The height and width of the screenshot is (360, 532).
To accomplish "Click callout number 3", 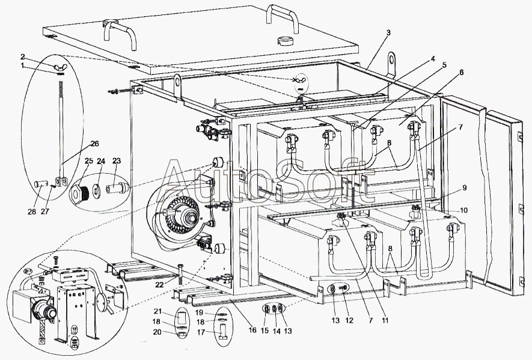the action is pyautogui.click(x=388, y=32).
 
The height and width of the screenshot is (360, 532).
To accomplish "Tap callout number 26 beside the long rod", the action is pyautogui.click(x=94, y=144).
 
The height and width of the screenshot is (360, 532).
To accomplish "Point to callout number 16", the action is pyautogui.click(x=252, y=329).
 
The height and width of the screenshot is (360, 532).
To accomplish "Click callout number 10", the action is pyautogui.click(x=463, y=210).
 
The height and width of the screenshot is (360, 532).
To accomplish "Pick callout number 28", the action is pyautogui.click(x=31, y=212).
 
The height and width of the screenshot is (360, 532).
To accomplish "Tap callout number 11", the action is pyautogui.click(x=385, y=320).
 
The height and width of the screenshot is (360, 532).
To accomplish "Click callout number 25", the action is pyautogui.click(x=88, y=160).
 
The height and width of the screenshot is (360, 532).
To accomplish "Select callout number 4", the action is pyautogui.click(x=433, y=59).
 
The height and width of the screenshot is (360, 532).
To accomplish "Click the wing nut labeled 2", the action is pyautogui.click(x=60, y=66).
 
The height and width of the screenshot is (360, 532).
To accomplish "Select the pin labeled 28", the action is pyautogui.click(x=40, y=185).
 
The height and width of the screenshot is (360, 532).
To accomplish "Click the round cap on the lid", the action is pyautogui.click(x=285, y=40).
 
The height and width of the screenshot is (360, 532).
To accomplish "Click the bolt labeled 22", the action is pyautogui.click(x=180, y=274).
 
